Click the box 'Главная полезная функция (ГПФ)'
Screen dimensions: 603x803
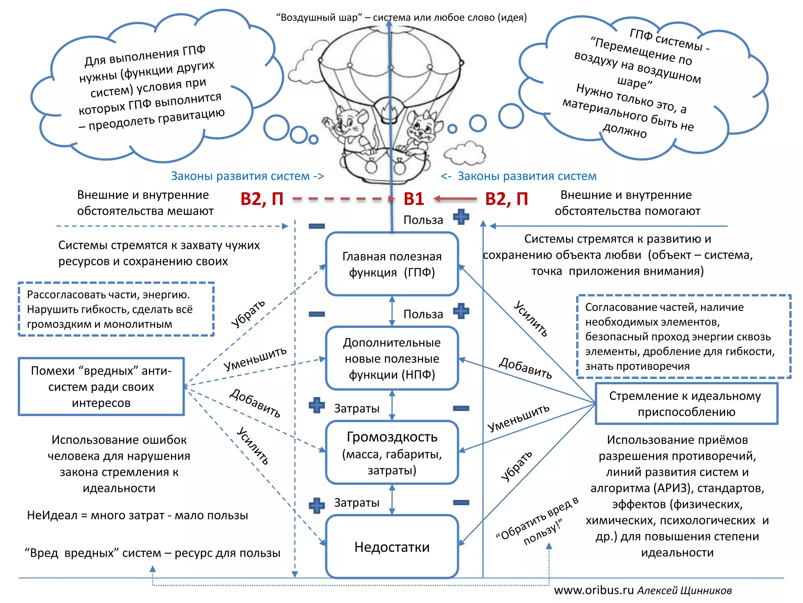click(392, 264)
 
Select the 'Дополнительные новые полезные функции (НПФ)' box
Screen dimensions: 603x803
click(392, 358)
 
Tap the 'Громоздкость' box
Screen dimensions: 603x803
click(392, 452)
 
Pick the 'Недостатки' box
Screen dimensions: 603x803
click(392, 546)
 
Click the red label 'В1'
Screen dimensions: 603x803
click(414, 199)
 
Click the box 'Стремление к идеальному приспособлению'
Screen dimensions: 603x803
click(686, 404)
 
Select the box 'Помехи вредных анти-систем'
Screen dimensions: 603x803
click(101, 387)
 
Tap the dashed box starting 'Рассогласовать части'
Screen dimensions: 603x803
click(116, 309)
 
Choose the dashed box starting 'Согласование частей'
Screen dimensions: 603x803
click(683, 336)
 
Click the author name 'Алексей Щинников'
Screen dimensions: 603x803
click(684, 590)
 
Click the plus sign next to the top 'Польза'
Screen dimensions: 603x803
click(461, 217)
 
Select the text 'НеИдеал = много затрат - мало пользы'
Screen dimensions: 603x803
click(137, 515)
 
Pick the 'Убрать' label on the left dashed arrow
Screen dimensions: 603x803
click(248, 313)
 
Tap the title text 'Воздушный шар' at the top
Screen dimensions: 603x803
click(319, 18)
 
